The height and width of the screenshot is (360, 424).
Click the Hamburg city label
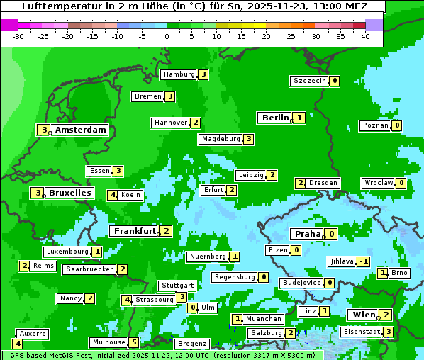179,74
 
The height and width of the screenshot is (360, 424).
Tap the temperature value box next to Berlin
300,118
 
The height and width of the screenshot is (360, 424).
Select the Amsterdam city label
81,130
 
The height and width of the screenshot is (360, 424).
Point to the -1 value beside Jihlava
363,261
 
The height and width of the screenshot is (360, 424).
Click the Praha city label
308,234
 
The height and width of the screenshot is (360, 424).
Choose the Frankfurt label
135,231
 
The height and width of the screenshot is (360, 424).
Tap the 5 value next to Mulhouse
134,342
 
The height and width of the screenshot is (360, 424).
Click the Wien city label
362,315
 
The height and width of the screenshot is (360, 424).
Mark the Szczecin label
310,81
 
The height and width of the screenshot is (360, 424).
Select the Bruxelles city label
70,193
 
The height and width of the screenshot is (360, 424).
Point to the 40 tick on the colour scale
365,36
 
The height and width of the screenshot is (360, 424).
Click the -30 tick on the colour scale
18,36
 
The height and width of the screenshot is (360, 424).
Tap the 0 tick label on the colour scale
167,36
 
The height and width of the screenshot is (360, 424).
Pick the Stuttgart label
177,286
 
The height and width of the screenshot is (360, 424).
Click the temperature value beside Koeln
112,195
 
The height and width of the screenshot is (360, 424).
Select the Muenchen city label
264,319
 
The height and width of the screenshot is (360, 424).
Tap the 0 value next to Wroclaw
401,183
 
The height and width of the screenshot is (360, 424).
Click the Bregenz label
191,344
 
